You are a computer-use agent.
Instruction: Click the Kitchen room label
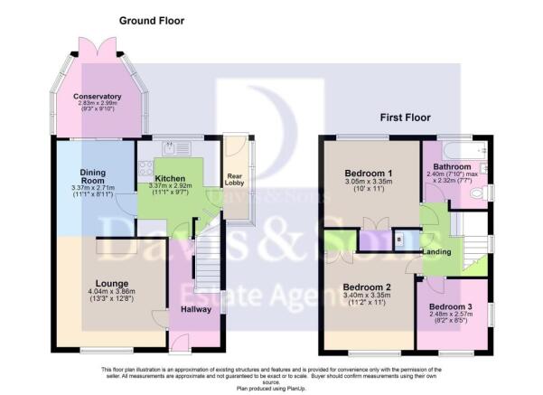169,179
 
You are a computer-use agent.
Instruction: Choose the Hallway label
194,308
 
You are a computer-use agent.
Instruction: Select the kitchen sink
171,146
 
